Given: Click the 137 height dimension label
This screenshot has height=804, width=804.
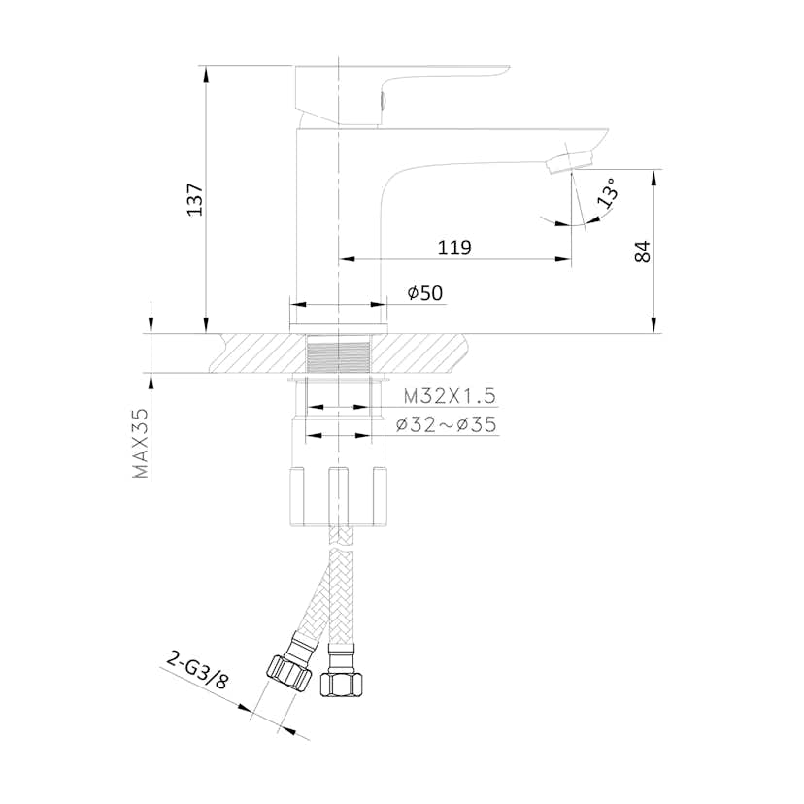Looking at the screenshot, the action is click(x=195, y=199).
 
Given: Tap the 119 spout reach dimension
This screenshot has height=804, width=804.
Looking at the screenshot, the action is click(x=454, y=248).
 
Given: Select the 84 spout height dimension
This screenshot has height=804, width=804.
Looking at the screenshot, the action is click(x=643, y=251).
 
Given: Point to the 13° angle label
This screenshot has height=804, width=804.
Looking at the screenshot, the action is click(x=609, y=192).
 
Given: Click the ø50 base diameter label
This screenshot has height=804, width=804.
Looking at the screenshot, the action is click(x=424, y=293).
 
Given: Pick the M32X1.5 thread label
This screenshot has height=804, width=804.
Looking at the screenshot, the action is click(x=451, y=396).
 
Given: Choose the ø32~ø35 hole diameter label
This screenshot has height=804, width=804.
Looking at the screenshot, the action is click(x=447, y=424).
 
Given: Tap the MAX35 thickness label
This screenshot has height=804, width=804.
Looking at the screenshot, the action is click(x=140, y=444).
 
